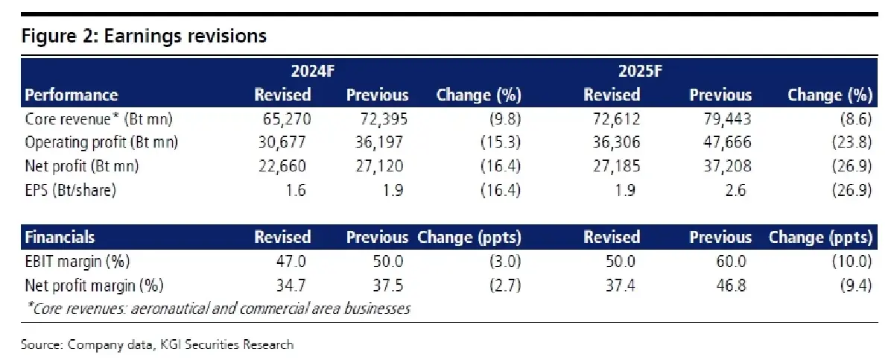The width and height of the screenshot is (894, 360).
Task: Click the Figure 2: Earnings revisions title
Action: pyautogui.click(x=144, y=37)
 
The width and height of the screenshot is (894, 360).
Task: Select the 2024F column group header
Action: pyautogui.click(x=312, y=72)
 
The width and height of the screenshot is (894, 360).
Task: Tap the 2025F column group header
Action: pyautogui.click(x=640, y=72)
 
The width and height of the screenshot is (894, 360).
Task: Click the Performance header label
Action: pyautogui.click(x=72, y=95)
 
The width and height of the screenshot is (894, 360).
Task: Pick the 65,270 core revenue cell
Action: pyautogui.click(x=287, y=119)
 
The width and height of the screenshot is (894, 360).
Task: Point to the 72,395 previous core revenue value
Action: pyautogui.click(x=384, y=119)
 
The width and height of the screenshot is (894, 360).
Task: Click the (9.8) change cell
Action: pyautogui.click(x=505, y=119)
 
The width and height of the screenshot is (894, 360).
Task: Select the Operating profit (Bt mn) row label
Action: pyautogui.click(x=101, y=142)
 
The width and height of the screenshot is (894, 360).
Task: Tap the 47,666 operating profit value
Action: pyautogui.click(x=727, y=142)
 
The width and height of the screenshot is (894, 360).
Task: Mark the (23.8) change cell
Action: pyautogui.click(x=852, y=142)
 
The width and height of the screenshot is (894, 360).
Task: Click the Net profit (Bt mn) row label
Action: pyautogui.click(x=82, y=166)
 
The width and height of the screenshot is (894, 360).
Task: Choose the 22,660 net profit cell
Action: pyautogui.click(x=282, y=166)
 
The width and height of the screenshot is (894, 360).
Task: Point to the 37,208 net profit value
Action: pyautogui.click(x=727, y=166)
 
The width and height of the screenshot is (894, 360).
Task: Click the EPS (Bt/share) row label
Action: pyautogui.click(x=71, y=190)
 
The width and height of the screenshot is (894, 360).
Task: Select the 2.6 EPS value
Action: pyautogui.click(x=735, y=190)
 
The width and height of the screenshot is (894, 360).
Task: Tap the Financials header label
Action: pyautogui.click(x=60, y=237)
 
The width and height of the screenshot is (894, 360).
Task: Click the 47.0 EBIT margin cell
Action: pyautogui.click(x=291, y=262)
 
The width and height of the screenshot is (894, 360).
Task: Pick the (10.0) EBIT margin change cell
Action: pyautogui.click(x=852, y=262)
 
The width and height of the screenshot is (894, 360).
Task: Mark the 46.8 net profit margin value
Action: pyautogui.click(x=731, y=285)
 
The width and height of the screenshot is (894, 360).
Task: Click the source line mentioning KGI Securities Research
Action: pyautogui.click(x=157, y=344)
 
